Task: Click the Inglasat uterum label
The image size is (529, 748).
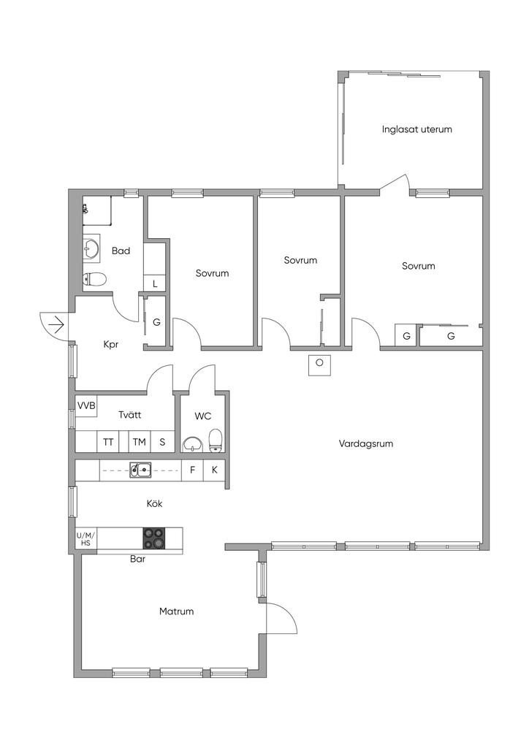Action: [x=416, y=129]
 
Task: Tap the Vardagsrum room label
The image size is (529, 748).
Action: [x=366, y=443]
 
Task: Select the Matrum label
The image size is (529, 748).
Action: [x=177, y=611]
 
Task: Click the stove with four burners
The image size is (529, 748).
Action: [x=153, y=538]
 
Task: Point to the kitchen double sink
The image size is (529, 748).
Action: [x=141, y=470]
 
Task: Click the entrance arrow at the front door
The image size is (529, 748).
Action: [x=57, y=325]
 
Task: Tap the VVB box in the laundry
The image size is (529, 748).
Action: [x=86, y=405]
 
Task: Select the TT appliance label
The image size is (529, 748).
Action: [x=108, y=442]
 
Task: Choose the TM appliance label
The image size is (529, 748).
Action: [x=140, y=442]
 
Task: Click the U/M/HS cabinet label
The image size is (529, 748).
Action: [x=86, y=538]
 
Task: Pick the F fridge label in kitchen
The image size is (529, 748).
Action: [x=193, y=470]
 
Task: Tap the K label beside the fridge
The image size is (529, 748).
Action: [x=215, y=470]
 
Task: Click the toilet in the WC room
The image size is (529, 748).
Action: [x=216, y=440]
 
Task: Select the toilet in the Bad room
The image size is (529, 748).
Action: [x=94, y=280]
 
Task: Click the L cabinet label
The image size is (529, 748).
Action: [x=155, y=284]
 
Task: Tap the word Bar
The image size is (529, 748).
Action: [x=137, y=559]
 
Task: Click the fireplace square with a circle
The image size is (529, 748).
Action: [x=319, y=365]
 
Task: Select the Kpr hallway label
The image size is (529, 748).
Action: [x=110, y=345]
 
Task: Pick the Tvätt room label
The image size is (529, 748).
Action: [x=130, y=415]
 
